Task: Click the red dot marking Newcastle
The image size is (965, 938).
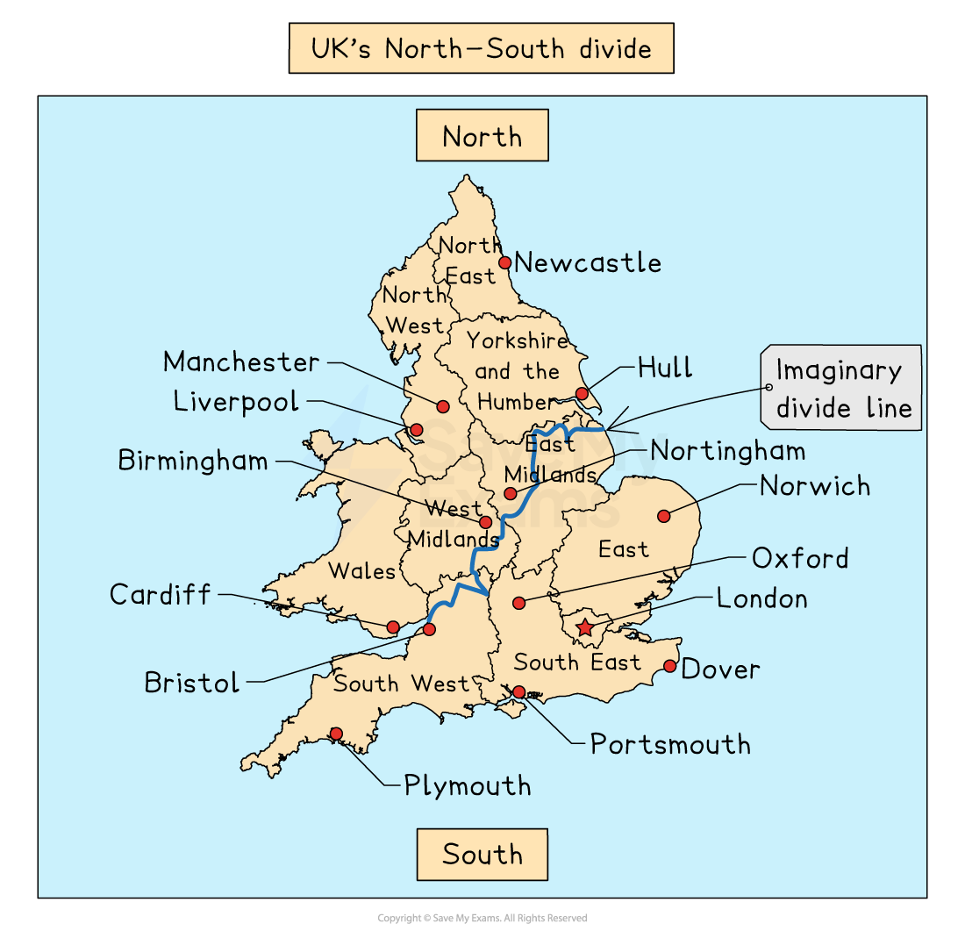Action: [x=505, y=262]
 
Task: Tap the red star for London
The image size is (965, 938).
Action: [x=585, y=627]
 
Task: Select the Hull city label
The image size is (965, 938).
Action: [x=665, y=367]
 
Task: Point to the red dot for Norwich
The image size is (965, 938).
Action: [x=664, y=516]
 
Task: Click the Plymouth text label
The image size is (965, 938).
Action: [x=468, y=785]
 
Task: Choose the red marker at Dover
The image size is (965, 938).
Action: [x=670, y=666]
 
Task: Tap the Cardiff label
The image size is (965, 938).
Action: [x=161, y=595]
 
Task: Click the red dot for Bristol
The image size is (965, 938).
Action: [x=429, y=629]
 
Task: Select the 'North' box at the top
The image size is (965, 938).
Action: [x=482, y=136]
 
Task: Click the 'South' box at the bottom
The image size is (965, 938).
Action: [x=482, y=854]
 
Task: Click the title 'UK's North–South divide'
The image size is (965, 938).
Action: [x=482, y=48]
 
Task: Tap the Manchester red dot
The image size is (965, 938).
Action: [x=443, y=406]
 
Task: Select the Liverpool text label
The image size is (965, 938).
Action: [x=236, y=402]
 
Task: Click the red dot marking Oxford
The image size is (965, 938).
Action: [x=519, y=603]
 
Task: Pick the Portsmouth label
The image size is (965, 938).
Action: [x=670, y=744]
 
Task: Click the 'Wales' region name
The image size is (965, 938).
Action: [x=361, y=571]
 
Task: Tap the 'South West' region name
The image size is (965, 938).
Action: [x=402, y=684]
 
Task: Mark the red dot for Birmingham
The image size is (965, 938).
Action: [x=485, y=522]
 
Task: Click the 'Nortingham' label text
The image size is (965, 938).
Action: [x=728, y=451]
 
